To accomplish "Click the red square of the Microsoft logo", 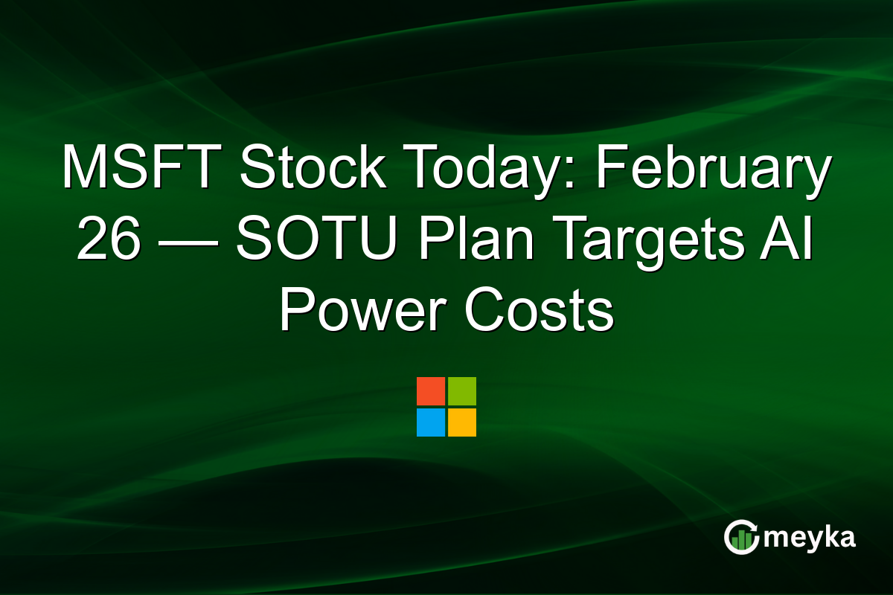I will (431, 391).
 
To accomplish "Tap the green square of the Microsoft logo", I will (462, 391).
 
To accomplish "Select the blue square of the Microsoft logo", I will (431, 422).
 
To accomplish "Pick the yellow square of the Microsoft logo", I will (462, 422).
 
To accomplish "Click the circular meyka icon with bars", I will (742, 538).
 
